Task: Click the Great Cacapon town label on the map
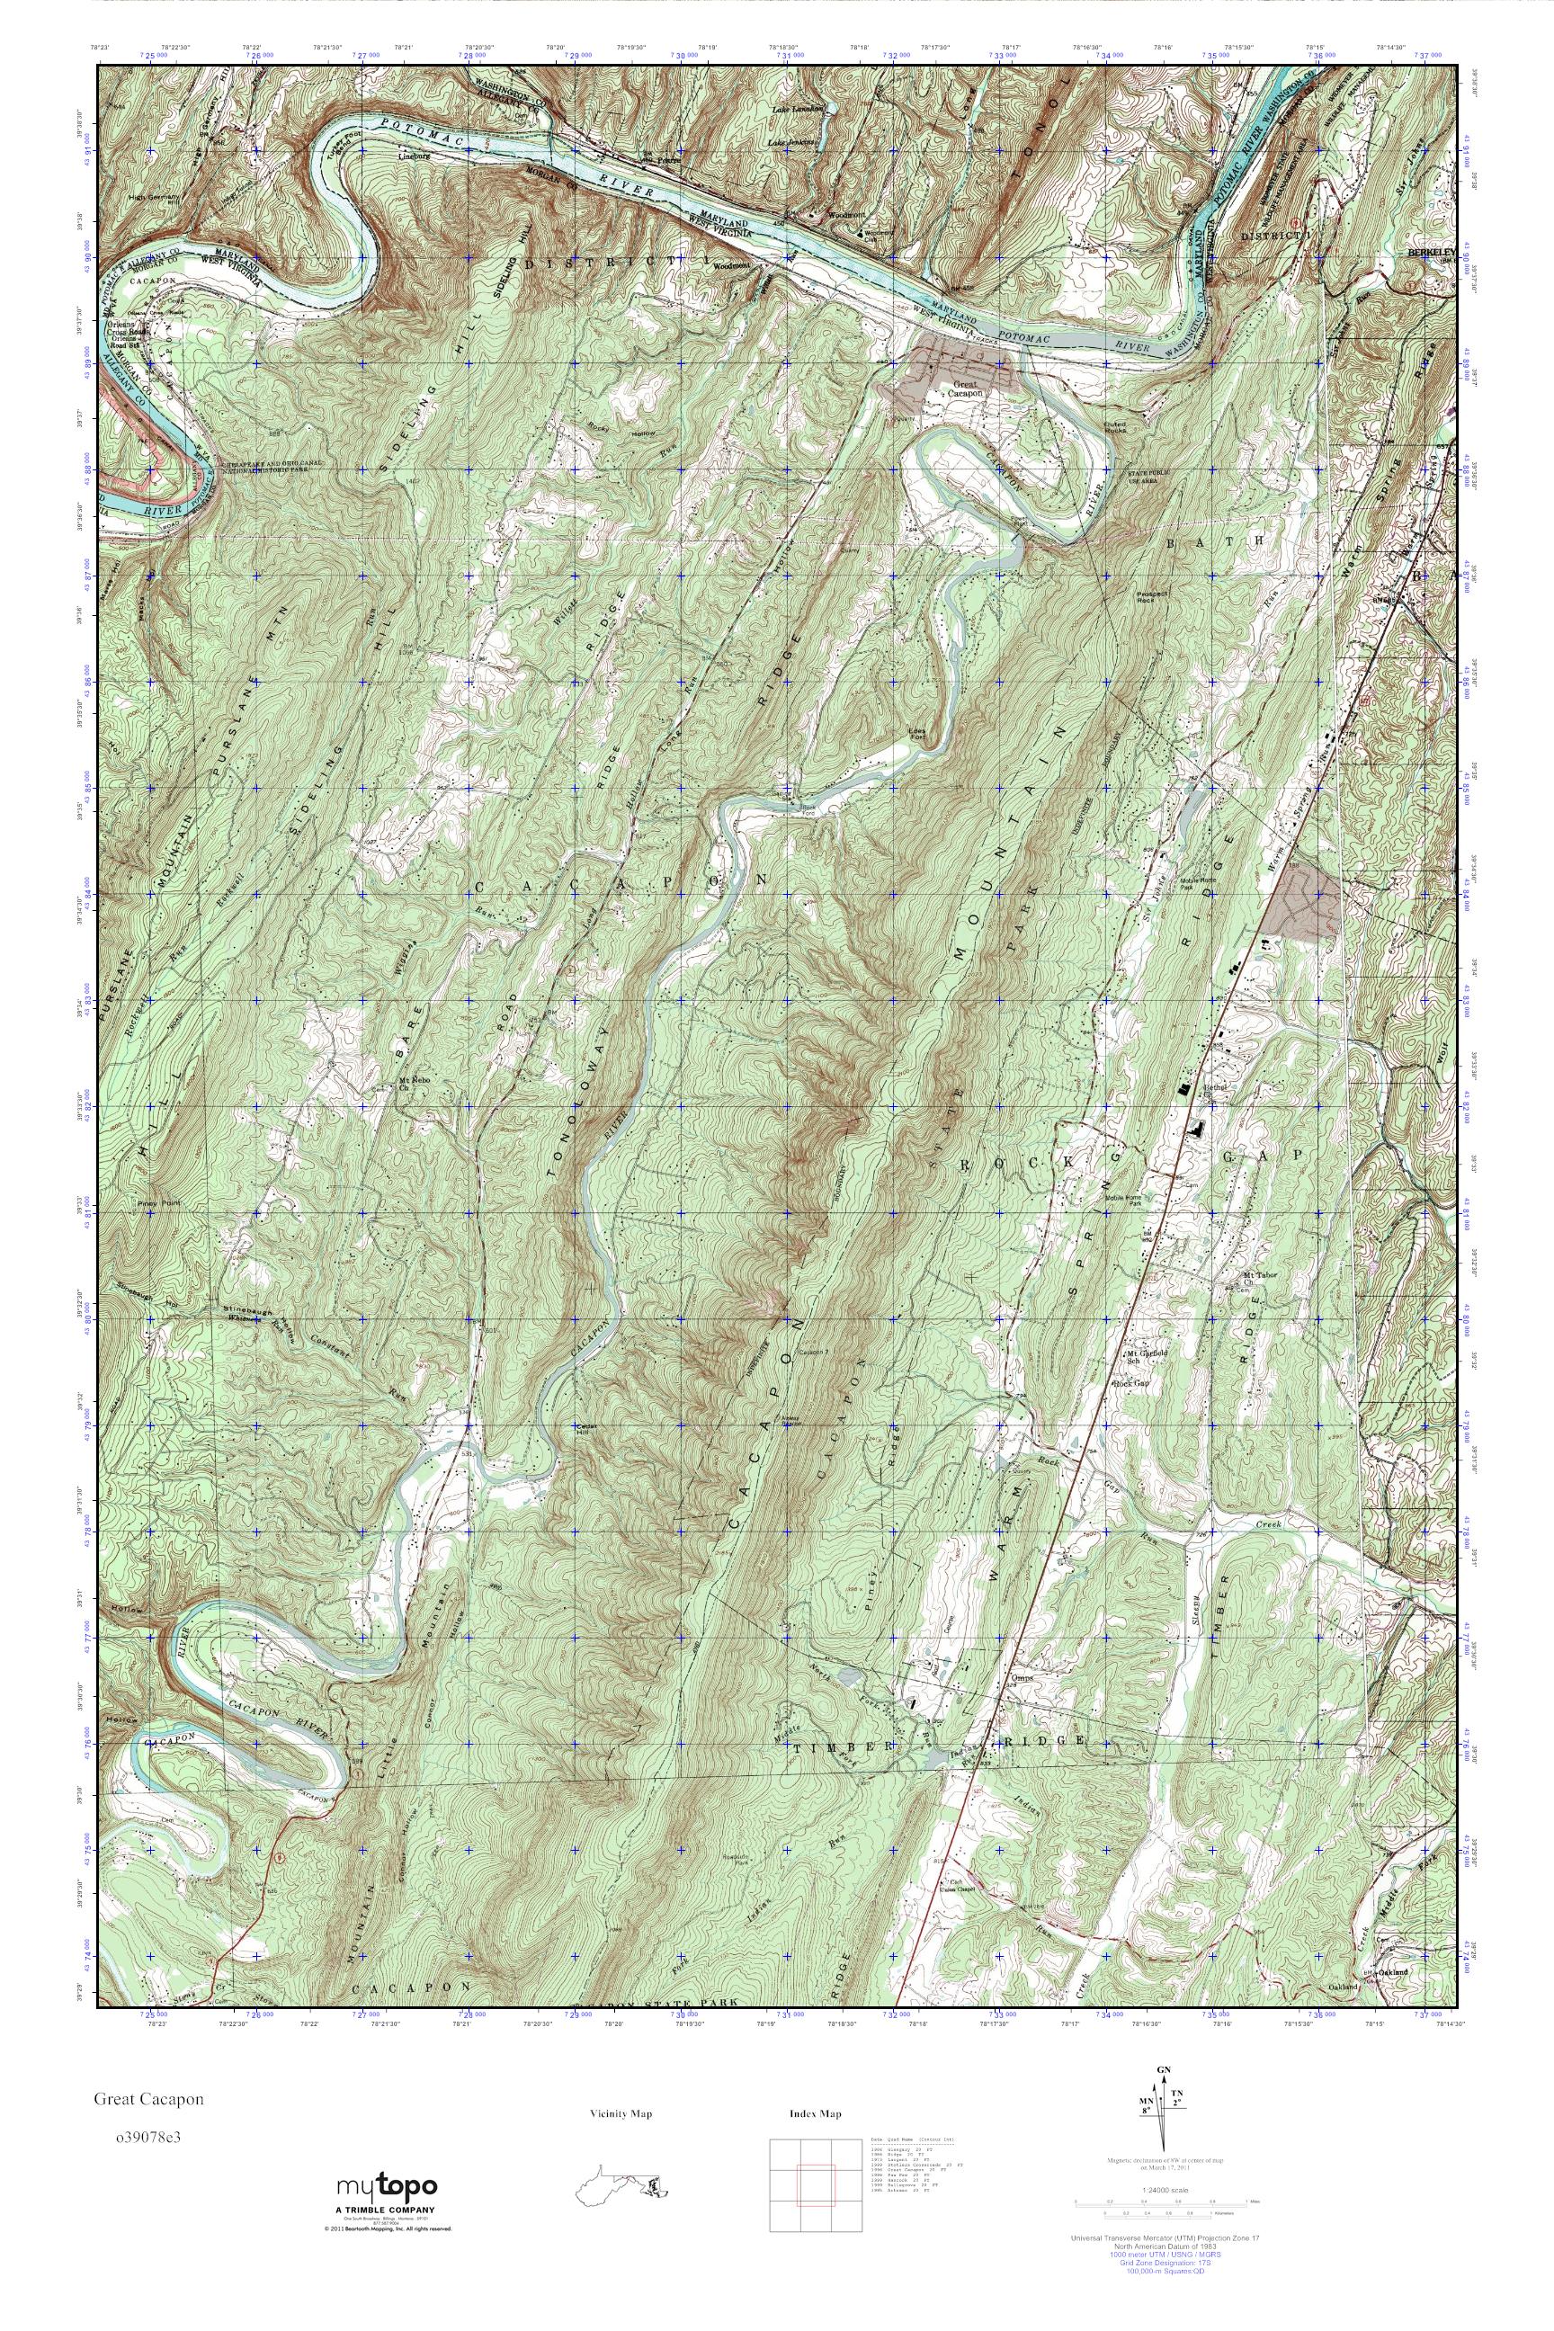(x=966, y=388)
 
